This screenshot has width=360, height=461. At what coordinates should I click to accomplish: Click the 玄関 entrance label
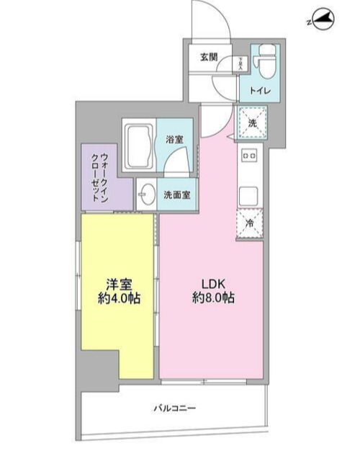(209, 57)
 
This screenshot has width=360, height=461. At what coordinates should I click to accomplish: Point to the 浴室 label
(174, 139)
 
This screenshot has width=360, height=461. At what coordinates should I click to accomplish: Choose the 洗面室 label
(176, 194)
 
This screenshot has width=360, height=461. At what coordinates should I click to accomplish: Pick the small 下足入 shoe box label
(240, 63)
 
